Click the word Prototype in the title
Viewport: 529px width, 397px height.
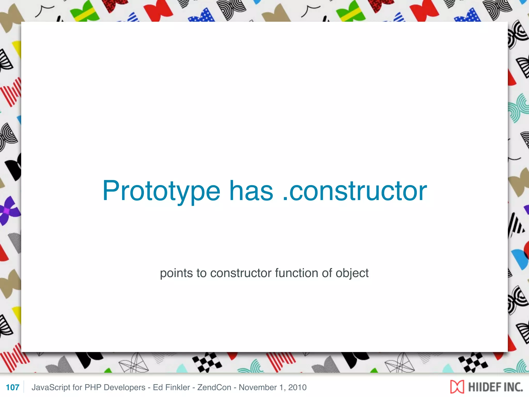tap(161, 191)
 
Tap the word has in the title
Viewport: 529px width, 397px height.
tap(251, 191)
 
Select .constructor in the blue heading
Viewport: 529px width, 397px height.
tap(355, 191)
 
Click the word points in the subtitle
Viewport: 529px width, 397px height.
tap(176, 273)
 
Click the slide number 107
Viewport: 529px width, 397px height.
tap(12, 387)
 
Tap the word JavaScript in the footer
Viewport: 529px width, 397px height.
tap(51, 387)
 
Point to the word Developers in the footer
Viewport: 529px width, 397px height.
tap(125, 387)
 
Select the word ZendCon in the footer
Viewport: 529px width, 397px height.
tap(214, 387)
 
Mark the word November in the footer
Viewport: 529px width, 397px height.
tap(258, 387)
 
